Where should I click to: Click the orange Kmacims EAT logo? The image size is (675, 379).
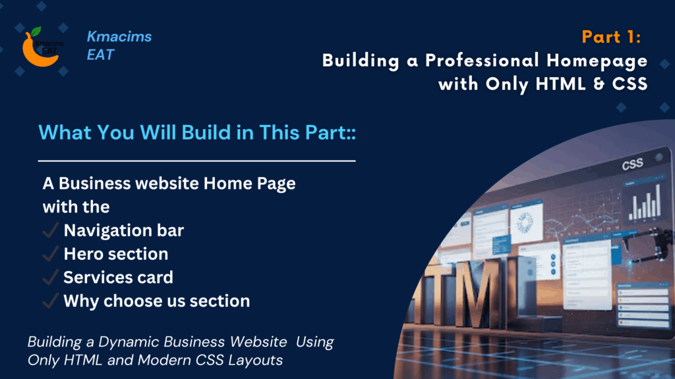click(41, 47)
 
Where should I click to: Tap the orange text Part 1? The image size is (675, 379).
click(612, 38)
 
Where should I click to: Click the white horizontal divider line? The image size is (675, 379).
click(197, 161)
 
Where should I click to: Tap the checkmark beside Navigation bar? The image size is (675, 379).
click(50, 230)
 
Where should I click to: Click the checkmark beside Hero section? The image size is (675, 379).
click(50, 254)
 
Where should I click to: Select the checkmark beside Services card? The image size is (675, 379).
click(50, 278)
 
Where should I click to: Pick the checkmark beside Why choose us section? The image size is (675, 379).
click(50, 301)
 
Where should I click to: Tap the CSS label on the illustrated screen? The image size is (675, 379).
click(632, 165)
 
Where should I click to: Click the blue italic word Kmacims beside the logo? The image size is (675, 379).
click(119, 37)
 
